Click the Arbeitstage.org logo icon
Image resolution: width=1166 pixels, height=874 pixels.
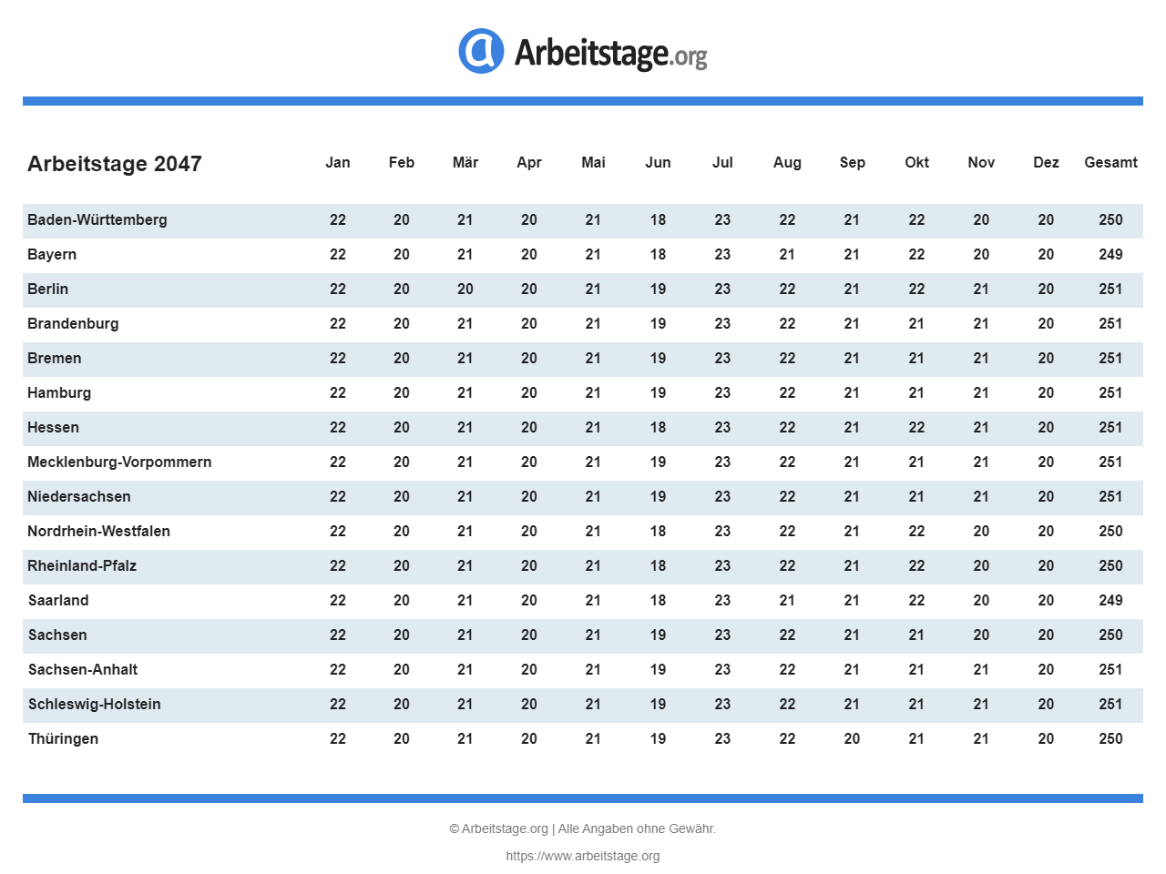481,51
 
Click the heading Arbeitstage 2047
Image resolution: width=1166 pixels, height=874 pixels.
115,164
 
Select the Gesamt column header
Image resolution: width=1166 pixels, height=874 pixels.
1110,162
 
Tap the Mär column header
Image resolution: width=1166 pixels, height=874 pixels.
465,162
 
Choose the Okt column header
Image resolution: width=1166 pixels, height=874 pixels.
916,162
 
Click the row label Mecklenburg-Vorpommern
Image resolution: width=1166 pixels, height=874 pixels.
119,462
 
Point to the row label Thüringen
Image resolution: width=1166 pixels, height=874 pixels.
63,738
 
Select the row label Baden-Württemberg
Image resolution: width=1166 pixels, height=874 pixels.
97,219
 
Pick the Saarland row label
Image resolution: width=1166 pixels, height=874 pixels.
58,600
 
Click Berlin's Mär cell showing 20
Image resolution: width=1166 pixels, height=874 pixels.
465,289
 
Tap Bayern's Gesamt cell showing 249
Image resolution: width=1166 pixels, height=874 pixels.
1110,254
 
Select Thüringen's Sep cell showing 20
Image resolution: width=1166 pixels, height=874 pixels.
852,738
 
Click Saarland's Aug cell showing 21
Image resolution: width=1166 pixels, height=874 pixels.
787,600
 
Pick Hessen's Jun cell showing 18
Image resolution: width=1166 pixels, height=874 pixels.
658,427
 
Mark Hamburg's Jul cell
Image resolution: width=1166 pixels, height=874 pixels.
722,392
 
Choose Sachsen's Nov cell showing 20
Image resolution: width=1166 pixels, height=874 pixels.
981,635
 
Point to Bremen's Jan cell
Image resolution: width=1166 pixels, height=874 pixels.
338,358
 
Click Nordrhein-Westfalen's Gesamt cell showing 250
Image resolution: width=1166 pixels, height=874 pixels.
1110,531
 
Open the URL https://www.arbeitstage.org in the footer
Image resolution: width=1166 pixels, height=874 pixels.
583,856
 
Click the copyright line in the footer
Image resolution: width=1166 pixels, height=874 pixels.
583,828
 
